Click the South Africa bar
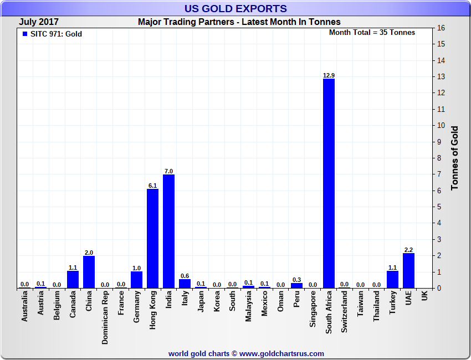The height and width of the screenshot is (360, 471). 329,183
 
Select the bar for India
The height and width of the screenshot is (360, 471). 168,231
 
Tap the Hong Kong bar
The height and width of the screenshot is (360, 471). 152,238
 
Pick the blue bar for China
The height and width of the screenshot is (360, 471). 89,271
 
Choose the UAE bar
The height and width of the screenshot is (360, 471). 408,270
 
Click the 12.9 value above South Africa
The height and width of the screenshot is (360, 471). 329,75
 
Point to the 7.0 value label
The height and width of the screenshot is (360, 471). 168,171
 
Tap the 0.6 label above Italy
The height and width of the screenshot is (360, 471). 185,276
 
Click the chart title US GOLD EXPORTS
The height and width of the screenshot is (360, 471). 235,9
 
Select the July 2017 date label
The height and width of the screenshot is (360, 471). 39,22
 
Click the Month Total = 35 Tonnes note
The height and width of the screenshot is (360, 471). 372,33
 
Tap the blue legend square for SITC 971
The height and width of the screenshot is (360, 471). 24,34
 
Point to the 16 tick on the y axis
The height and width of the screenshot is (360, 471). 441,28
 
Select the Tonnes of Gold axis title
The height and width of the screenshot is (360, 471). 455,158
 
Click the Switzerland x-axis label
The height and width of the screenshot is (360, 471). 345,312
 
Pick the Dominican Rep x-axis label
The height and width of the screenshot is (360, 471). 105,318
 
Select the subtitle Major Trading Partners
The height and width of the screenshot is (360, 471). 239,22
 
